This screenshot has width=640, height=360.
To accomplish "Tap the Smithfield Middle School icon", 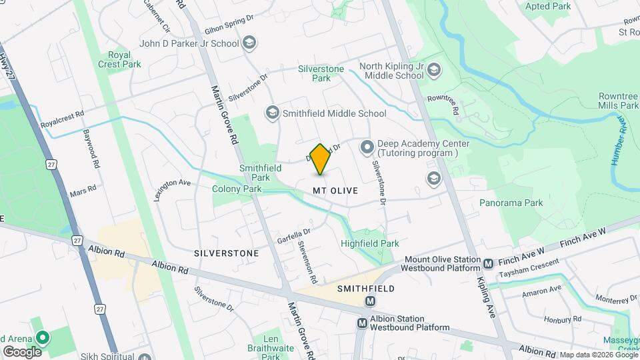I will coord(271,113).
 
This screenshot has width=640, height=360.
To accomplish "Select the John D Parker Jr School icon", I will coord(249,43).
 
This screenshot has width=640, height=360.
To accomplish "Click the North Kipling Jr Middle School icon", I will coord(434,70).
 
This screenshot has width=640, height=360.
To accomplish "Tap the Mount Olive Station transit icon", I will coord(488,264).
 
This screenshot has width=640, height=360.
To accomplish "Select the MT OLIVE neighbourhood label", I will coord(335,191).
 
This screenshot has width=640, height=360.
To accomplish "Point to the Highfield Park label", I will coord(370,243).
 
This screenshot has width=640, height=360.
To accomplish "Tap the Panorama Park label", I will coord(511,203).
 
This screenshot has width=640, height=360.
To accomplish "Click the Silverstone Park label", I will coord(321,73).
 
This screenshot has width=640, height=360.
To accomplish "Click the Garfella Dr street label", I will coord(294,236).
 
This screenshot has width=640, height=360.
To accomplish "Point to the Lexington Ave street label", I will coord(173,183).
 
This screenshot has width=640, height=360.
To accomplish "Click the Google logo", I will coord(22,351).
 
